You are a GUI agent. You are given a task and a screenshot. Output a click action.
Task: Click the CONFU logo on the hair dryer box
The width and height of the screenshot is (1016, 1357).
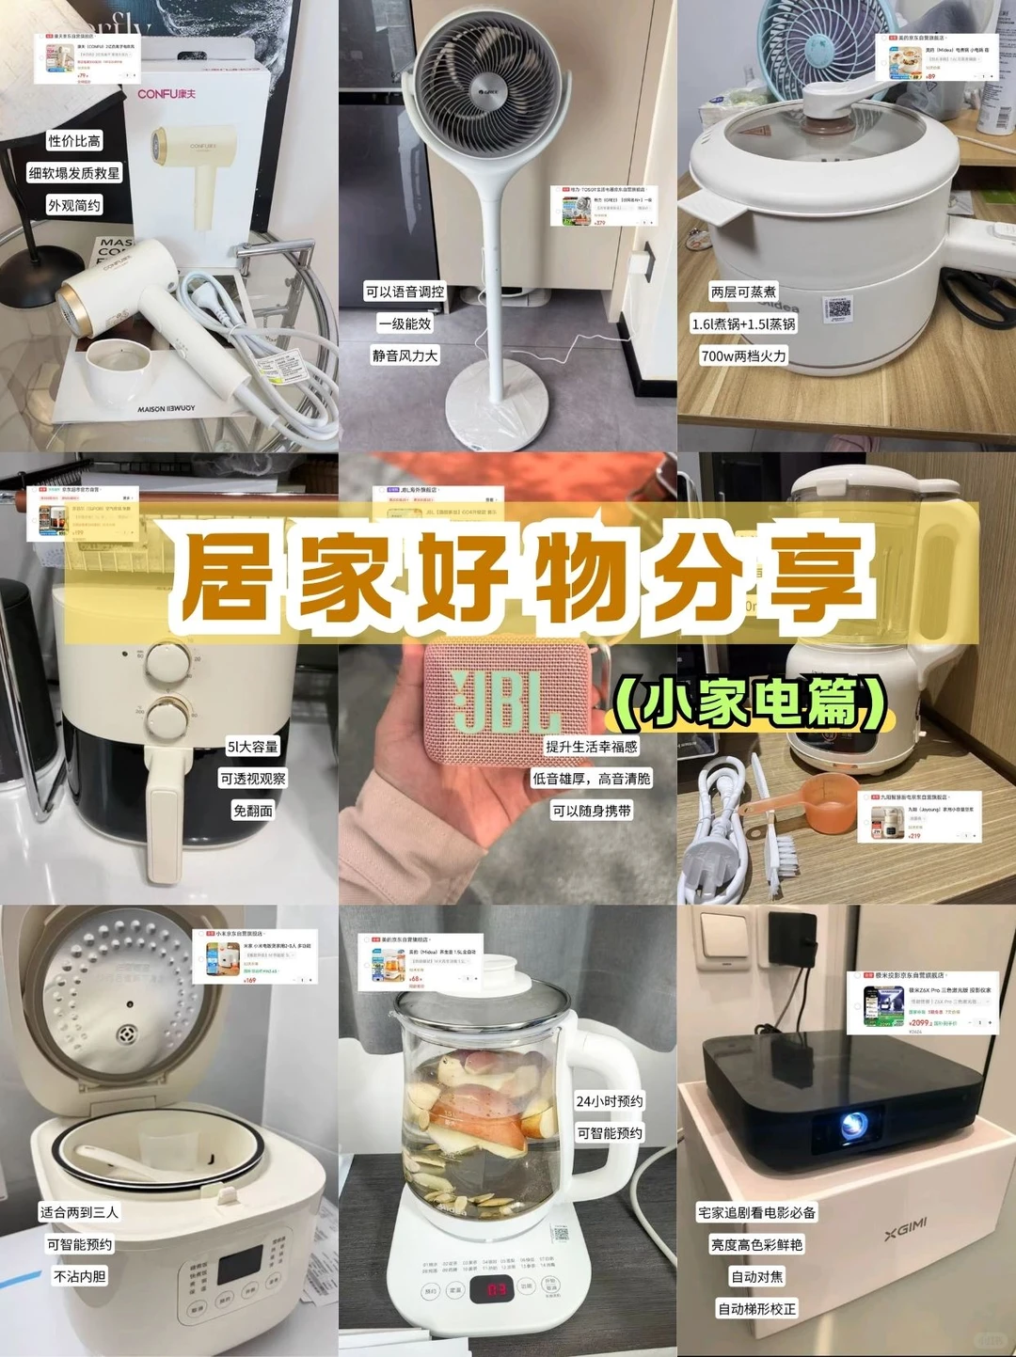(167, 93)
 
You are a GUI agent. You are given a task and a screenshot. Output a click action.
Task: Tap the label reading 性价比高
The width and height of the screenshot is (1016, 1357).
(74, 141)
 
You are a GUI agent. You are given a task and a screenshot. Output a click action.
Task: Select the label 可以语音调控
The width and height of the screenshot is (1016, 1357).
(405, 292)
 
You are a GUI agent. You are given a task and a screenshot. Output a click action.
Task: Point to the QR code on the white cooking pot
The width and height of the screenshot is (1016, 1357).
(837, 308)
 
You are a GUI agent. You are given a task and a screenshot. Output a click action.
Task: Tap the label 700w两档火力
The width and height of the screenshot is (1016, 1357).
(743, 356)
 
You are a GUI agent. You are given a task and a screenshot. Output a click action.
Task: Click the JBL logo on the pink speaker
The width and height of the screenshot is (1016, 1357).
(500, 701)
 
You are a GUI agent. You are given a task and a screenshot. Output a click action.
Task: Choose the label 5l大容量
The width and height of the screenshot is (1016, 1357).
(252, 747)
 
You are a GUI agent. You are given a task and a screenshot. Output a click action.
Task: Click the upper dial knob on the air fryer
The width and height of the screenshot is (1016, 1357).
(167, 662)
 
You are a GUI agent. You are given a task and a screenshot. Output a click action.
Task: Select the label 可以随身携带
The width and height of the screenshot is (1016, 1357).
(592, 811)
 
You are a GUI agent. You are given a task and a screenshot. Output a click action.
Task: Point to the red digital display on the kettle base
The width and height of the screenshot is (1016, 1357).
(497, 1288)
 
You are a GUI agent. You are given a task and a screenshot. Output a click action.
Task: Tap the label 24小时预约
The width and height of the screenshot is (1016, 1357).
(610, 1101)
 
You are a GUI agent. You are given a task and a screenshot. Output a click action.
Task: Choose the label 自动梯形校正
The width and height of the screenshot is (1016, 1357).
(757, 1309)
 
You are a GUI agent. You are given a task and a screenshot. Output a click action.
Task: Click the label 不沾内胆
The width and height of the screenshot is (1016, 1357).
(80, 1276)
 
